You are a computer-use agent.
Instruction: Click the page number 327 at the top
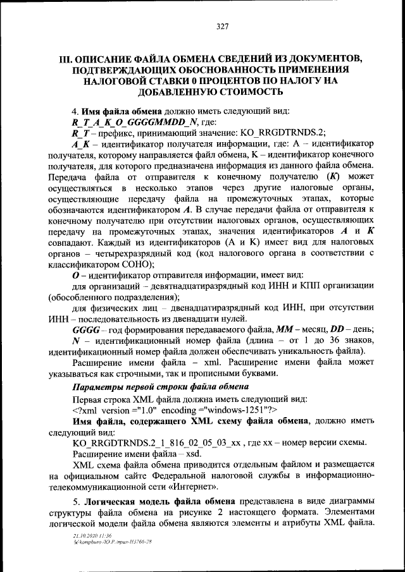pyautogui.click(x=221, y=26)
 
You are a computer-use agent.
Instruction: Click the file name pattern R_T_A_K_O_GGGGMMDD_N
pyautogui.click(x=135, y=121)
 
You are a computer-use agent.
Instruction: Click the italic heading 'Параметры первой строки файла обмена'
pyautogui.click(x=156, y=387)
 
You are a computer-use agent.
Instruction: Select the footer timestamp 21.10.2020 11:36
pyautogui.click(x=92, y=535)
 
